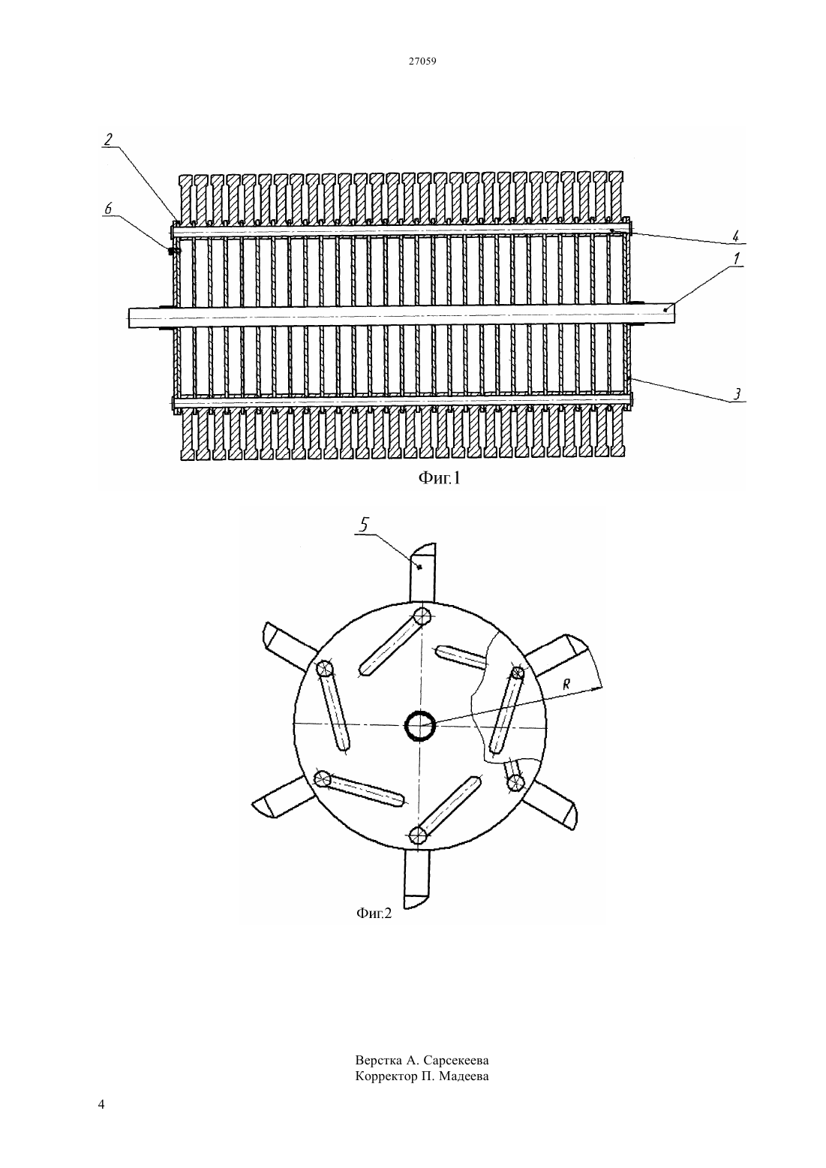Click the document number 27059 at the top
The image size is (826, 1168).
pyautogui.click(x=422, y=61)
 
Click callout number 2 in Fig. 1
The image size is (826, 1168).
pyautogui.click(x=108, y=140)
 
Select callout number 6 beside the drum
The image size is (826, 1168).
pyautogui.click(x=108, y=208)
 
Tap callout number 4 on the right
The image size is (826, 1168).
pyautogui.click(x=736, y=236)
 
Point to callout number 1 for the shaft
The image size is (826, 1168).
pyautogui.click(x=737, y=258)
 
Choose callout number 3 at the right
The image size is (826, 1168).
pyautogui.click(x=737, y=394)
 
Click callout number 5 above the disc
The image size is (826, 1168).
pyautogui.click(x=365, y=525)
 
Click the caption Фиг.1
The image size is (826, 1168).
pyautogui.click(x=440, y=477)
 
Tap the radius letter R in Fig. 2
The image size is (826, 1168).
pyautogui.click(x=566, y=685)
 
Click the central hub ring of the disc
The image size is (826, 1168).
pyautogui.click(x=419, y=725)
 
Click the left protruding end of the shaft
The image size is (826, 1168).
pyautogui.click(x=151, y=317)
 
